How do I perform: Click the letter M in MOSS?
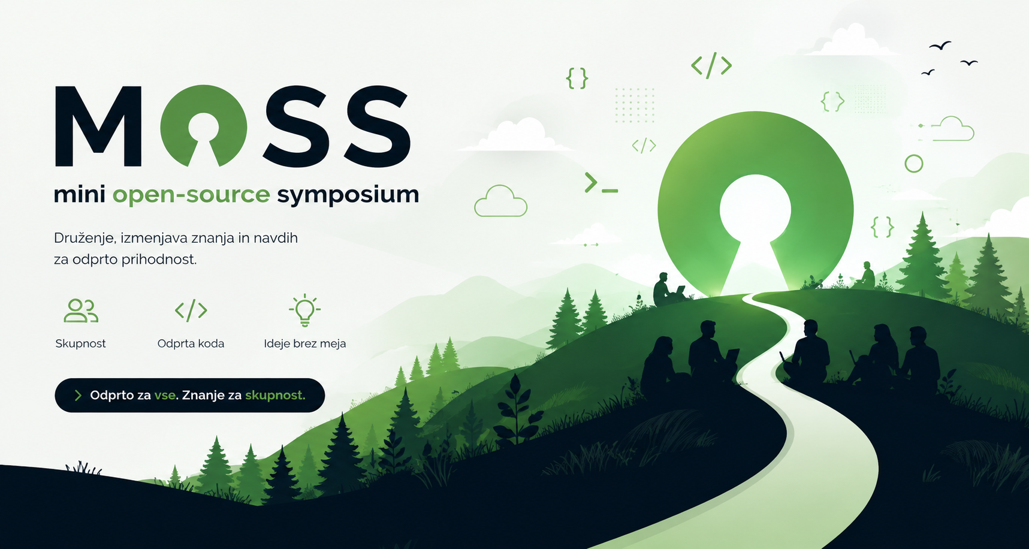(98, 126)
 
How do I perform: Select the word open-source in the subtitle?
(191, 195)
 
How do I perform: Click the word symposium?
(348, 195)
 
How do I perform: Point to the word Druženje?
(84, 238)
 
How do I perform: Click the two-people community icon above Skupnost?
(81, 310)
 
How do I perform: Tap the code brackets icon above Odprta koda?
(191, 310)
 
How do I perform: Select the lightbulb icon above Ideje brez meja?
(305, 310)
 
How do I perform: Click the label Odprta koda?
(191, 343)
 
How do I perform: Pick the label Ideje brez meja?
(305, 343)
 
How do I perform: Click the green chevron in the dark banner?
(77, 395)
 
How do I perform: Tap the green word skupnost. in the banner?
(275, 395)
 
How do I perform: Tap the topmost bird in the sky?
(940, 46)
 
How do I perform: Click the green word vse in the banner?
(165, 395)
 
